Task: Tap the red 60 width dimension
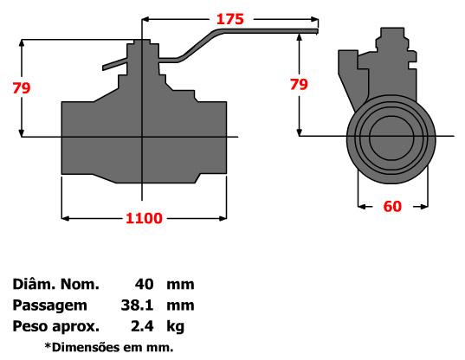coord(393,206)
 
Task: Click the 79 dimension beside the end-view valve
coord(298,85)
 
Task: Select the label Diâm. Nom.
coord(56,284)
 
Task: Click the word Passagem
coord(50,305)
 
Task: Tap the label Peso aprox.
coord(56,326)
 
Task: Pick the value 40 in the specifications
coord(144,284)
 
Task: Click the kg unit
coord(176,326)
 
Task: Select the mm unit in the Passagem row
coord(181,305)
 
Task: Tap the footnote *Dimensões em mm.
coord(109,347)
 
